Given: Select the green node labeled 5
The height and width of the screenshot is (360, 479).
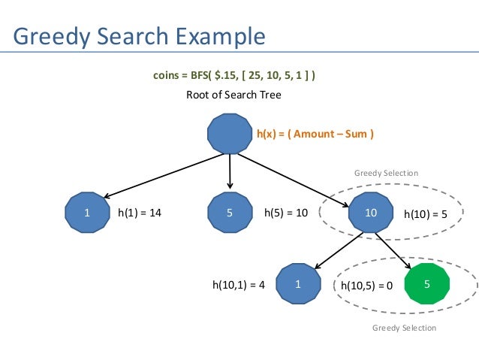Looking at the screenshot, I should click(x=426, y=285).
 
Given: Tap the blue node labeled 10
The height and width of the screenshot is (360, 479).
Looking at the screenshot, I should click(x=370, y=213).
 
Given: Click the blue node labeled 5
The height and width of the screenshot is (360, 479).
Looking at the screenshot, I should click(x=229, y=213).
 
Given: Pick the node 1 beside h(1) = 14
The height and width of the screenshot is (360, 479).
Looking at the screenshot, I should click(x=87, y=213).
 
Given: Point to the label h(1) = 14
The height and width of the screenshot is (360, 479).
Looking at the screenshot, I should click(x=140, y=213).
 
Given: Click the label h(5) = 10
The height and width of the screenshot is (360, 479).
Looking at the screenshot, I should click(x=286, y=213).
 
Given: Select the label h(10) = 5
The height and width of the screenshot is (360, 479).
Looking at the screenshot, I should click(x=425, y=214).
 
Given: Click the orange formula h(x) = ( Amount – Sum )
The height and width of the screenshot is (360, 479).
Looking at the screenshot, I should click(x=315, y=135).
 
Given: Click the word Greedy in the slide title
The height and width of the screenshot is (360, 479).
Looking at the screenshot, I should click(x=53, y=35).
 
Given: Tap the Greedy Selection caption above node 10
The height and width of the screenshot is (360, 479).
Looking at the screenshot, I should click(x=386, y=174).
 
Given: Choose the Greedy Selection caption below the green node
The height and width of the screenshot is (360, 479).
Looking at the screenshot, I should click(x=404, y=328).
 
